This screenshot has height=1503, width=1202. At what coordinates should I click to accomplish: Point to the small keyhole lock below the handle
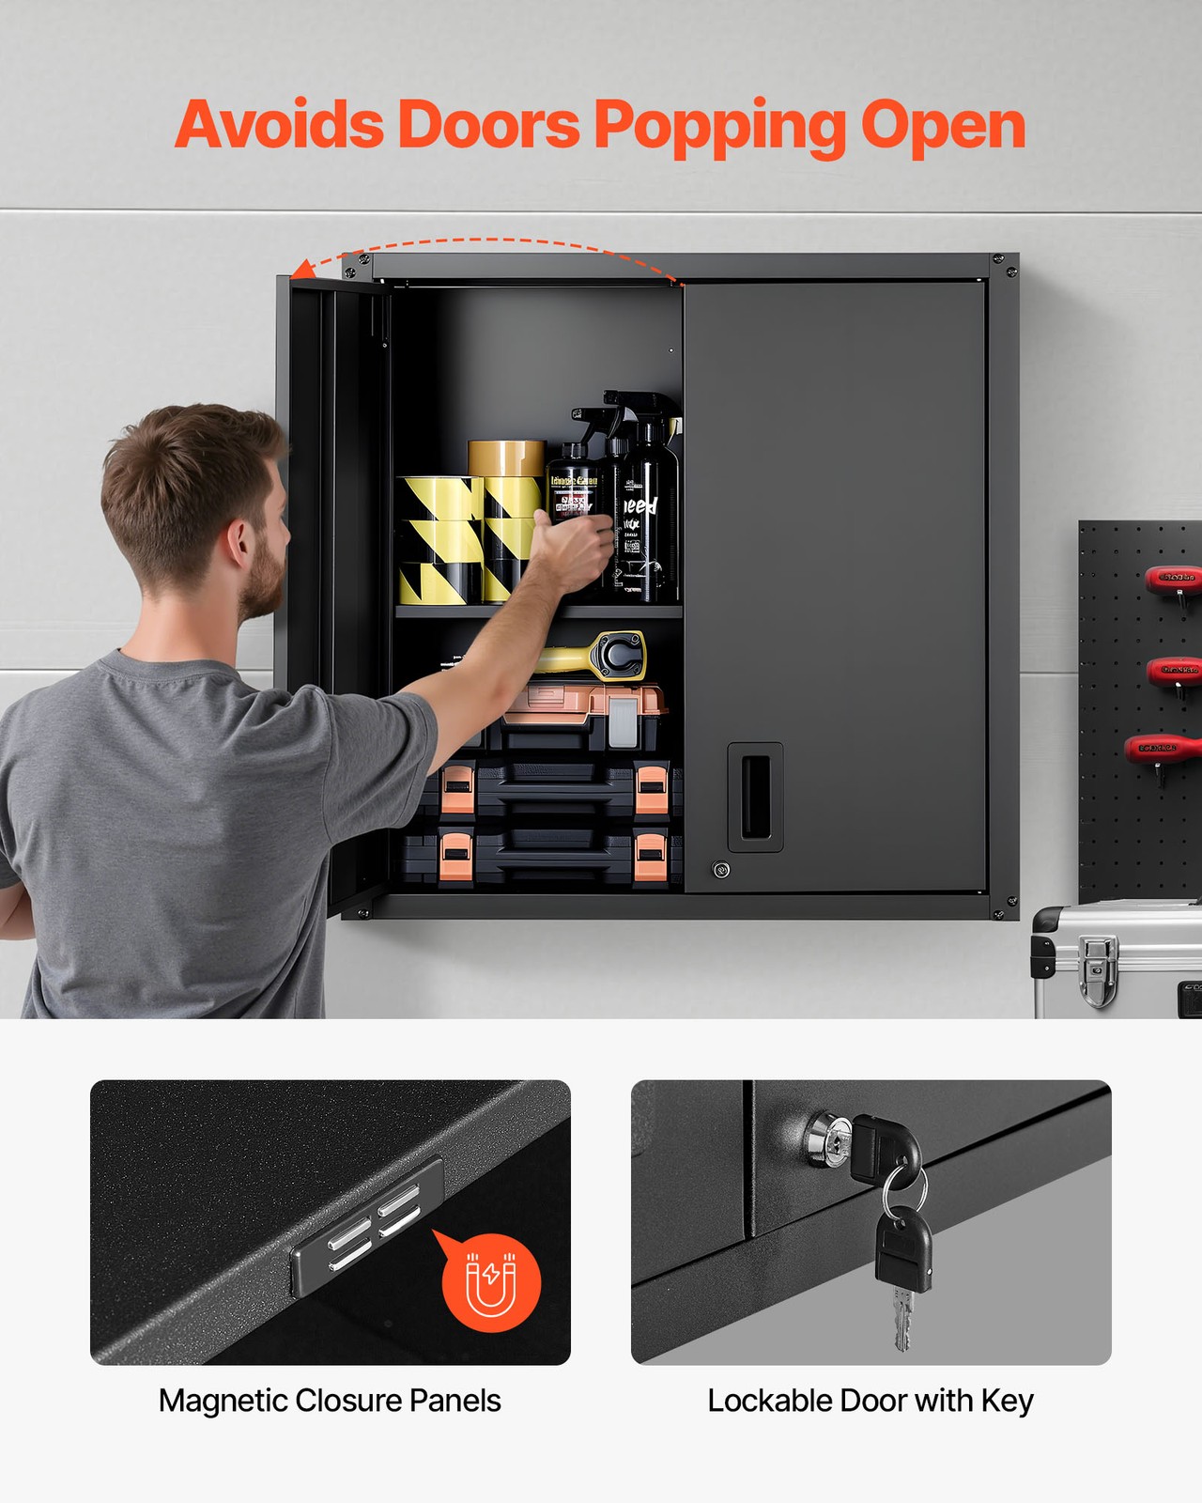pyautogui.click(x=721, y=870)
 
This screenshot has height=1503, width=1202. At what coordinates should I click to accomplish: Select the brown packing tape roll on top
pyautogui.click(x=506, y=457)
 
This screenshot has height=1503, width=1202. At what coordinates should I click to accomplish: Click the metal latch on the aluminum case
pyautogui.click(x=1097, y=968)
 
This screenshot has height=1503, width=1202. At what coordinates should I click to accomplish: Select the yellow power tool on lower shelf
pyautogui.click(x=601, y=656)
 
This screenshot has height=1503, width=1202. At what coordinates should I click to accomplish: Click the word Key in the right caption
pyautogui.click(x=1007, y=1401)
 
